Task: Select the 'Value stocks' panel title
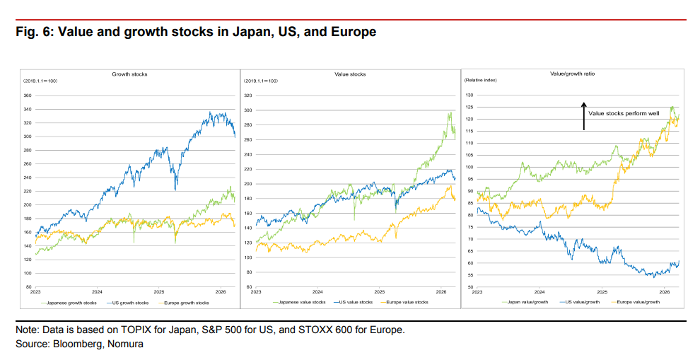pyautogui.click(x=350, y=74)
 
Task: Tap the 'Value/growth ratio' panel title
pyautogui.click(x=567, y=73)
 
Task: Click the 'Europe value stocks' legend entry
pyautogui.click(x=406, y=302)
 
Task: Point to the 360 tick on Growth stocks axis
pyautogui.click(x=28, y=95)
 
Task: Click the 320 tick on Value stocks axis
pyautogui.click(x=248, y=95)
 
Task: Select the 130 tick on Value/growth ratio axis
pyautogui.click(x=469, y=95)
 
